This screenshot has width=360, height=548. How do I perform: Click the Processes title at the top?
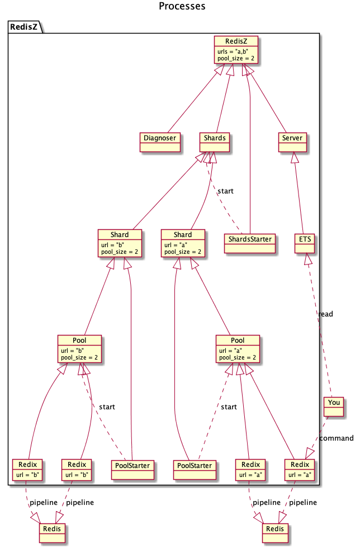click(182, 7)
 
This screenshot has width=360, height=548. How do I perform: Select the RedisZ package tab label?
click(25, 27)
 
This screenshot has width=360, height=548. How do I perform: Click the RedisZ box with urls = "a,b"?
click(237, 49)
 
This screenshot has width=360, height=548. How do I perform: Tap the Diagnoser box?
click(160, 142)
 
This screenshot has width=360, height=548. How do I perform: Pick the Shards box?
click(215, 142)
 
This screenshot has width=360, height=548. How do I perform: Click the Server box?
click(293, 142)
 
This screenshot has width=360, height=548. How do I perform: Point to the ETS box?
click(305, 244)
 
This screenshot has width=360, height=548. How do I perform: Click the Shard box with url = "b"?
click(119, 243)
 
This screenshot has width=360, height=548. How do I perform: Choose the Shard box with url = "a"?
click(182, 243)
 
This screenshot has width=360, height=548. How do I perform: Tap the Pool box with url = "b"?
click(79, 348)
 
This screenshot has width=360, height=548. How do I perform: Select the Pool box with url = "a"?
click(238, 348)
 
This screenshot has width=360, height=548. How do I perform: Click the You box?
click(333, 407)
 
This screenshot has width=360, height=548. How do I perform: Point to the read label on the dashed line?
click(325, 314)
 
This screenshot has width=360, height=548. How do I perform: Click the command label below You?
click(337, 438)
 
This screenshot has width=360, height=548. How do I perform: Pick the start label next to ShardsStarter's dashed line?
click(225, 191)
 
